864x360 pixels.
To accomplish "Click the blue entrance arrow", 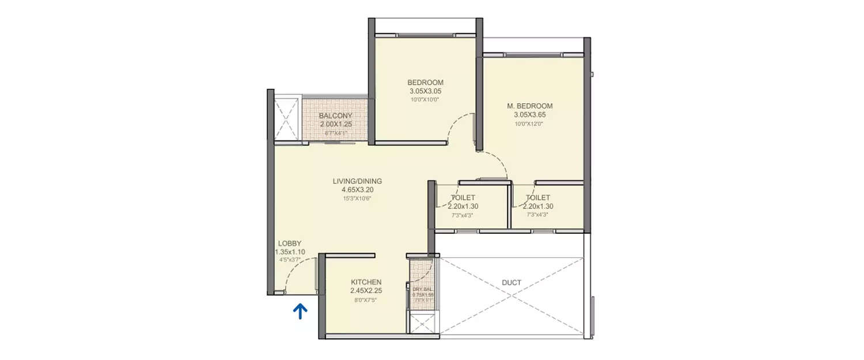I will pyautogui.click(x=300, y=311).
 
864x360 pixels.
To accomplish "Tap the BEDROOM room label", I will pyautogui.click(x=426, y=82).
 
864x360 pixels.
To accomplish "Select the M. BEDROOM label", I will pyautogui.click(x=529, y=106).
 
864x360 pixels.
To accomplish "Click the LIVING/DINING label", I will pyautogui.click(x=357, y=181).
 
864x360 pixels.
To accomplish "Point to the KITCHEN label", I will pyautogui.click(x=366, y=282).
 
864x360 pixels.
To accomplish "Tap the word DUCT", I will pyautogui.click(x=511, y=283).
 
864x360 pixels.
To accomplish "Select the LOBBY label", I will pyautogui.click(x=290, y=244).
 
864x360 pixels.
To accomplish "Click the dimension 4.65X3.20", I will pyautogui.click(x=357, y=190).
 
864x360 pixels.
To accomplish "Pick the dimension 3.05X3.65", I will pyautogui.click(x=529, y=115).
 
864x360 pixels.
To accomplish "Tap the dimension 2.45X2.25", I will pyautogui.click(x=366, y=291).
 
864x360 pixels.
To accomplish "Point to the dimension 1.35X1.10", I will pyautogui.click(x=290, y=252).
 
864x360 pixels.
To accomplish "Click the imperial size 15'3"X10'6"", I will pyautogui.click(x=357, y=199).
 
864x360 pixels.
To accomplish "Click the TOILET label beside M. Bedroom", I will pyautogui.click(x=537, y=198).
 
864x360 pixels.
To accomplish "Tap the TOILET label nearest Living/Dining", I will pyautogui.click(x=463, y=198).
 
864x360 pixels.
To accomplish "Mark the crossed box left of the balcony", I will pyautogui.click(x=286, y=119).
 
